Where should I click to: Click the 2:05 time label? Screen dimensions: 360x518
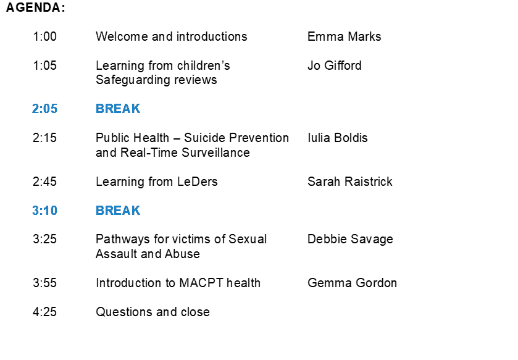point(44,109)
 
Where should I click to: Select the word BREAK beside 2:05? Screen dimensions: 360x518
point(118,109)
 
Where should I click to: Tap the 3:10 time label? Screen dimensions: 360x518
point(44,211)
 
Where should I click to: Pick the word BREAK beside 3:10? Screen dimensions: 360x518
point(118,211)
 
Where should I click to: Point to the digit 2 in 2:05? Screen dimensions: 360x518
point(36,109)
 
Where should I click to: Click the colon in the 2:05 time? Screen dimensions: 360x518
point(41,109)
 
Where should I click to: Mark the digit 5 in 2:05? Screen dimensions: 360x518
point(54,109)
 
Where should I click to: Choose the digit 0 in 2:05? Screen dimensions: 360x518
point(47,109)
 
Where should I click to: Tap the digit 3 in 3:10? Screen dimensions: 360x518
point(36,211)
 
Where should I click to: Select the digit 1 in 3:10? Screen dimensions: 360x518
point(46,211)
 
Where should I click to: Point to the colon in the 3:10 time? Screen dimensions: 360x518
point(41,211)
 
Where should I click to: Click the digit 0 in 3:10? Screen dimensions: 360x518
point(54,211)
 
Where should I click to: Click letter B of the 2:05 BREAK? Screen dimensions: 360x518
point(100,109)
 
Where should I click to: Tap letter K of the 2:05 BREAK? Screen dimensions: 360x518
point(136,109)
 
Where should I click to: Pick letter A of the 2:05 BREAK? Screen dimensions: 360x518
point(127,109)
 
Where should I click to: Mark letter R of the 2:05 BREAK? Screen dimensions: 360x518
point(109,109)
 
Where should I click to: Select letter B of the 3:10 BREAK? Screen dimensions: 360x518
point(100,211)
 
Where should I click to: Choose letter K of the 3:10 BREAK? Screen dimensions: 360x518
point(136,211)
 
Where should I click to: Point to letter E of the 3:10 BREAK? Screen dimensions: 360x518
point(118,211)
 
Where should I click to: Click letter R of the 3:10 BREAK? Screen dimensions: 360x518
point(109,211)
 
